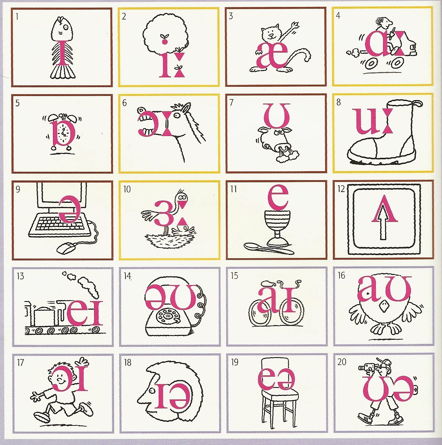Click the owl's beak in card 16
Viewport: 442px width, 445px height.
coord(383,306)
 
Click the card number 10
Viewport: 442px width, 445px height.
coord(127,189)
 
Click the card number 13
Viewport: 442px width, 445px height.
coord(20,276)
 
